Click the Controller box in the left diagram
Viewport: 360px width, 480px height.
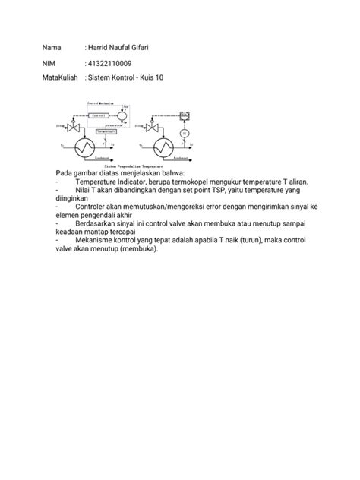tap(101, 115)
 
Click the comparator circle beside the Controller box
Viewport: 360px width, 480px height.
tap(128, 115)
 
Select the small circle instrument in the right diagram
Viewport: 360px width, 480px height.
tap(183, 134)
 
